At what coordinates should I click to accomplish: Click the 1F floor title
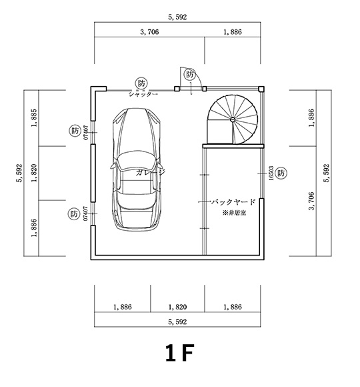point(179,353)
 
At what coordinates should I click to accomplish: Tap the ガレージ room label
point(150,172)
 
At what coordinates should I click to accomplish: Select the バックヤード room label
point(233,201)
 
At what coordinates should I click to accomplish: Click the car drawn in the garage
point(137,170)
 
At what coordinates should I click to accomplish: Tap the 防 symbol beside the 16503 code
point(281,173)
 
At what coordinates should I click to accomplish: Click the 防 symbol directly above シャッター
point(141,83)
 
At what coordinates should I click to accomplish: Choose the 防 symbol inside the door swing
point(191,75)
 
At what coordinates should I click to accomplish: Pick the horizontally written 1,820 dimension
point(178,307)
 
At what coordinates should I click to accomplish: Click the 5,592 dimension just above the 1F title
point(178,322)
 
